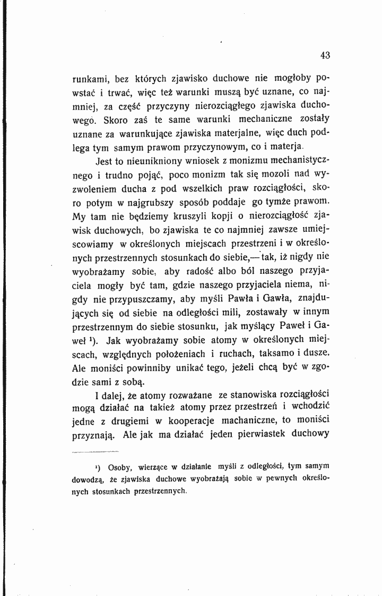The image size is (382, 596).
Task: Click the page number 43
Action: pos(325,55)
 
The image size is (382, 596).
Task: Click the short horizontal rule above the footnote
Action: pos(95,452)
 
